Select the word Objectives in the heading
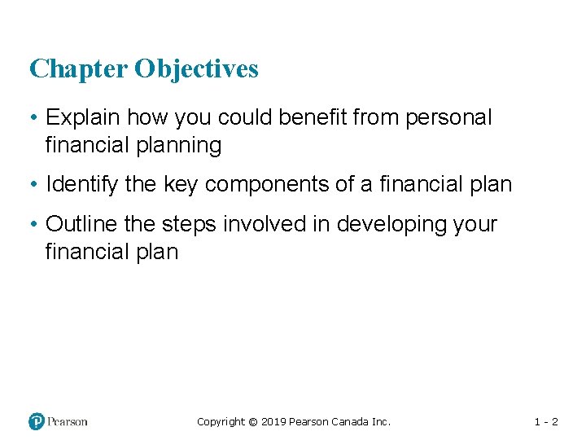pos(196,69)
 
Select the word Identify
pos(82,185)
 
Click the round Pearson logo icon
pos(37,421)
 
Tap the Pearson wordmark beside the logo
pos(68,421)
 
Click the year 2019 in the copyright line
pos(273,422)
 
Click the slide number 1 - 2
pos(545,422)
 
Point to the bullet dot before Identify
pos(33,186)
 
